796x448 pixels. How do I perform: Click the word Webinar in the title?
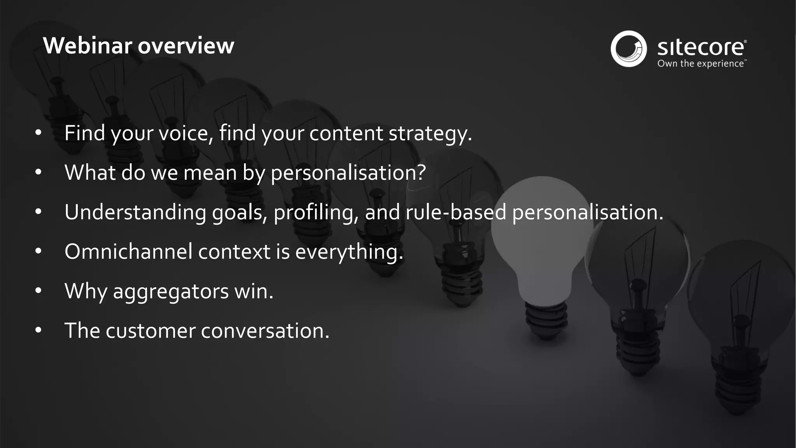click(x=88, y=46)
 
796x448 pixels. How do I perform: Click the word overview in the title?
click(x=186, y=46)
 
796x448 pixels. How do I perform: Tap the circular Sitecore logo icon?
click(x=628, y=49)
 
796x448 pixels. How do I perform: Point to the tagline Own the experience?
click(x=701, y=64)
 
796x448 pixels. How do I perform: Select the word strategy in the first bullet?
click(x=430, y=133)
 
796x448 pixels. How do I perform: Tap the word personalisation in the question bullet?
click(x=348, y=173)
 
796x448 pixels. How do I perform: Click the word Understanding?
click(x=135, y=212)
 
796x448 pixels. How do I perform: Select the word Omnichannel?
click(x=128, y=252)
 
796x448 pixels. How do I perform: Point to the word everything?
click(x=349, y=252)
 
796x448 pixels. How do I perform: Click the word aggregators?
click(x=171, y=291)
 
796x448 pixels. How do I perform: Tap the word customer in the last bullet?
click(x=150, y=331)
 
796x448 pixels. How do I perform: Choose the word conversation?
click(x=265, y=331)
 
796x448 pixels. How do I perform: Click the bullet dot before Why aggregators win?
click(x=38, y=290)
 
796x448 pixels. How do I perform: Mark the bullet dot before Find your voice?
click(x=38, y=133)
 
